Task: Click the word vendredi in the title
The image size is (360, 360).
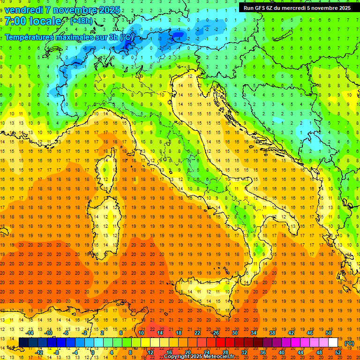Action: pyautogui.click(x=24, y=10)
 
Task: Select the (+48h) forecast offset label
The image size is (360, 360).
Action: pyautogui.click(x=81, y=21)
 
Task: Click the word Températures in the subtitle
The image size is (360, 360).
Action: pyautogui.click(x=29, y=37)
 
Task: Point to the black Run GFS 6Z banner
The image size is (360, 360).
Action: pyautogui.click(x=297, y=7)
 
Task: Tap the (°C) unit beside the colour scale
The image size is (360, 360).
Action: pyautogui.click(x=349, y=343)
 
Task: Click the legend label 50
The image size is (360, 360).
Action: pyautogui.click(x=328, y=333)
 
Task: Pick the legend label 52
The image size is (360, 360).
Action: pyautogui.click(x=338, y=352)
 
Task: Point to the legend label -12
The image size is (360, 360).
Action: pyautogui.click(x=39, y=352)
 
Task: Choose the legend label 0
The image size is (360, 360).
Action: pyautogui.click(x=93, y=352)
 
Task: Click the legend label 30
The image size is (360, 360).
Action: pyautogui.click(x=234, y=333)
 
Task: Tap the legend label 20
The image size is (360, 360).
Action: pyautogui.click(x=187, y=352)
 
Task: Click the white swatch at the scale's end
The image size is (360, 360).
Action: pyautogui.click(x=333, y=343)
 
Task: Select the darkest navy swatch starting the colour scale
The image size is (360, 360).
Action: pyautogui.click(x=23, y=343)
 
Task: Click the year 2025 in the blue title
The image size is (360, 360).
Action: pyautogui.click(x=109, y=10)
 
